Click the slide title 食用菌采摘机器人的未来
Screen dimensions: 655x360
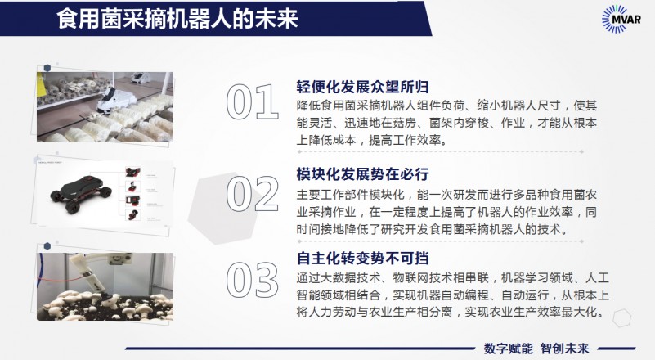click(x=177, y=19)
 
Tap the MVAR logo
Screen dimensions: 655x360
click(x=621, y=19)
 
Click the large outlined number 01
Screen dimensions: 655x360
click(x=253, y=101)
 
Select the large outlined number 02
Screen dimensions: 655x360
click(x=253, y=193)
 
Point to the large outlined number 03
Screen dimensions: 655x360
click(x=253, y=279)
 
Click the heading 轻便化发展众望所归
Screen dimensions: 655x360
click(x=362, y=87)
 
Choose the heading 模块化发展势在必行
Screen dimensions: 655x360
click(x=362, y=174)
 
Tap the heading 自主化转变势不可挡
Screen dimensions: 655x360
click(x=362, y=258)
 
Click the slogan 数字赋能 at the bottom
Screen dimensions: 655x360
click(x=509, y=349)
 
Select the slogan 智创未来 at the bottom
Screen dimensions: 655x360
click(x=564, y=349)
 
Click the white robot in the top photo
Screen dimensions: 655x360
click(x=116, y=101)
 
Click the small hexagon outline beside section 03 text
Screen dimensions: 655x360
click(x=621, y=317)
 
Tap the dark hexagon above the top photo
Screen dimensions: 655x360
click(x=47, y=68)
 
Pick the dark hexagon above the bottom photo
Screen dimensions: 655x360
click(x=47, y=245)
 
